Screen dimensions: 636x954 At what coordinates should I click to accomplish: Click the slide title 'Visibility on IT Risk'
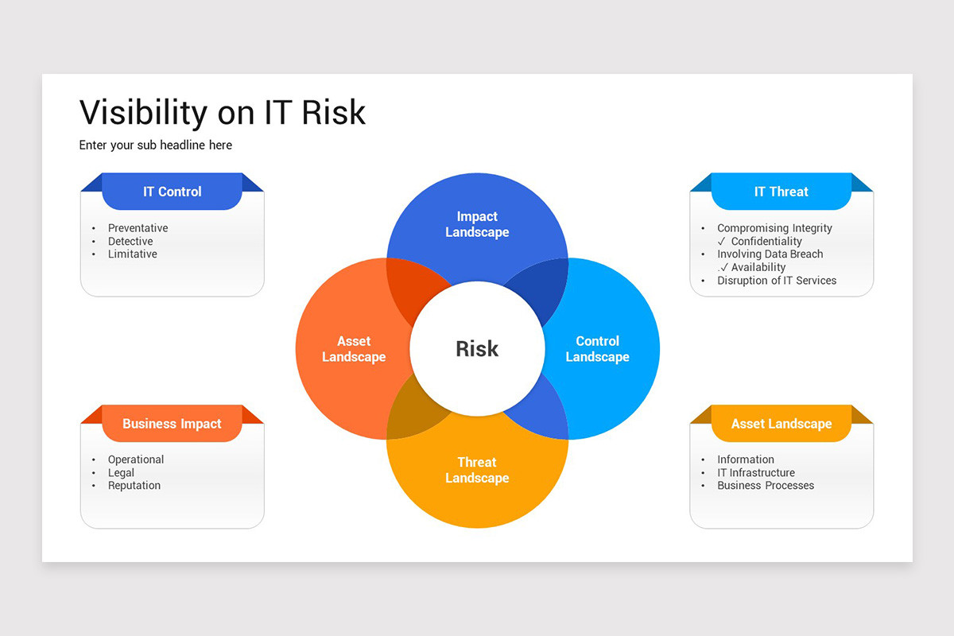(223, 112)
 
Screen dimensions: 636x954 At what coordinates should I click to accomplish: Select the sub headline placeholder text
(156, 145)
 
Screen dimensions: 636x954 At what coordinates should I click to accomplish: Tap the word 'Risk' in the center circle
(477, 348)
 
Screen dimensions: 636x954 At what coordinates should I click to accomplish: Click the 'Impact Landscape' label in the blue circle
(477, 224)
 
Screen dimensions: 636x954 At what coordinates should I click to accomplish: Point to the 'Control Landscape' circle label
(597, 349)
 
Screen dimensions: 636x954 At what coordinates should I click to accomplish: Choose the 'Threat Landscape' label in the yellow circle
(477, 470)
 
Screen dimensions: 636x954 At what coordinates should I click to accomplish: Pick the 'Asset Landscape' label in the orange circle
(354, 349)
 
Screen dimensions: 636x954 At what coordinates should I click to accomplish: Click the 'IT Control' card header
(172, 192)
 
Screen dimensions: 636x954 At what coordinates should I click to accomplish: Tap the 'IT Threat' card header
(781, 192)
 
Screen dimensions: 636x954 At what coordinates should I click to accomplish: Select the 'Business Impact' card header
(172, 424)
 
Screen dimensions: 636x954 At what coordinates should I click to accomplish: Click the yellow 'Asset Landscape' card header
(781, 424)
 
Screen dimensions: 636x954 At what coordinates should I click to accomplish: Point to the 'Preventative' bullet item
(138, 228)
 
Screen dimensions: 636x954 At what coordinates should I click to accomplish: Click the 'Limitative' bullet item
(133, 254)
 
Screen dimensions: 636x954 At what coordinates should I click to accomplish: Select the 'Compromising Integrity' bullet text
(774, 228)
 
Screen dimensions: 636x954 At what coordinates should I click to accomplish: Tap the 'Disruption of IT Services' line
(777, 281)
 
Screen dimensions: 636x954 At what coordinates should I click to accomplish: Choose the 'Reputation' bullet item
(134, 486)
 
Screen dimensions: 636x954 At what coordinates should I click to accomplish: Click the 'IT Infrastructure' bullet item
(756, 473)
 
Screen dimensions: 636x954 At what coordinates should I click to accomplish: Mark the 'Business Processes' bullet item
(766, 486)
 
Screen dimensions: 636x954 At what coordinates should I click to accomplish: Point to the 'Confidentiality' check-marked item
(766, 242)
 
